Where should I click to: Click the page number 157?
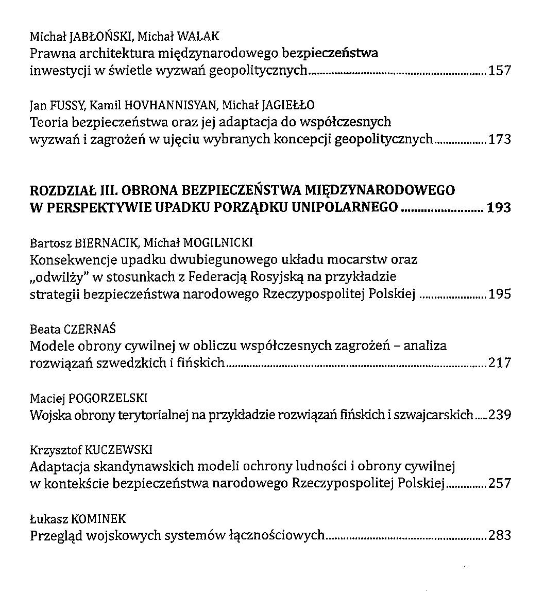(x=500, y=71)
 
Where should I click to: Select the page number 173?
(x=500, y=139)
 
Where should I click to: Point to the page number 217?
(x=500, y=363)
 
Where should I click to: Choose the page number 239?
(x=500, y=415)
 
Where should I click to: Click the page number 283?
(x=500, y=535)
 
